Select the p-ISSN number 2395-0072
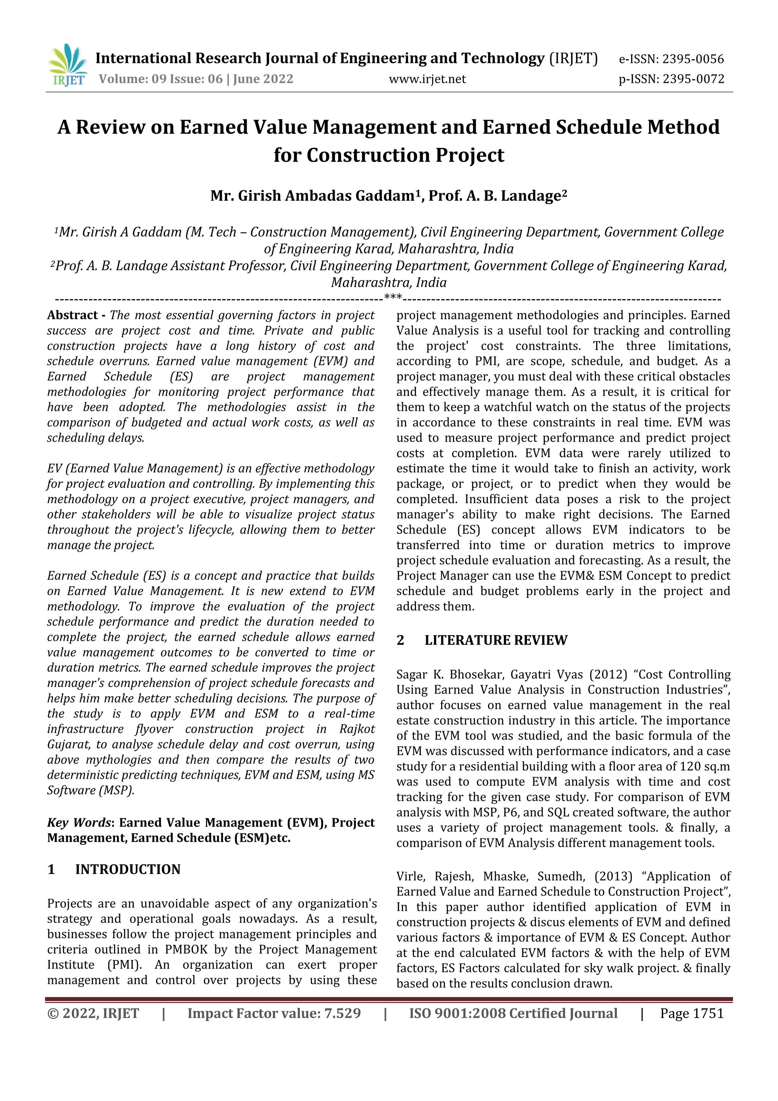(x=693, y=79)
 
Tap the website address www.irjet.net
(x=427, y=79)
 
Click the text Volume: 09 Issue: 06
(x=161, y=79)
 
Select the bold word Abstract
(x=73, y=315)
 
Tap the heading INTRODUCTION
(x=128, y=870)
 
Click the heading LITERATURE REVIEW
(x=496, y=640)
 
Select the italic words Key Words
(x=79, y=823)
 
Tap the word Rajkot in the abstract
(x=357, y=729)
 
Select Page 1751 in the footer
(x=691, y=1013)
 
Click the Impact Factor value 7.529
(x=342, y=1013)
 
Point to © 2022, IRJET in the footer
(x=93, y=1013)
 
